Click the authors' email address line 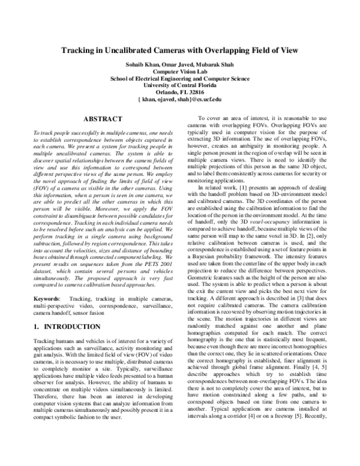[179, 98]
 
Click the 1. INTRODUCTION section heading [67, 326]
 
